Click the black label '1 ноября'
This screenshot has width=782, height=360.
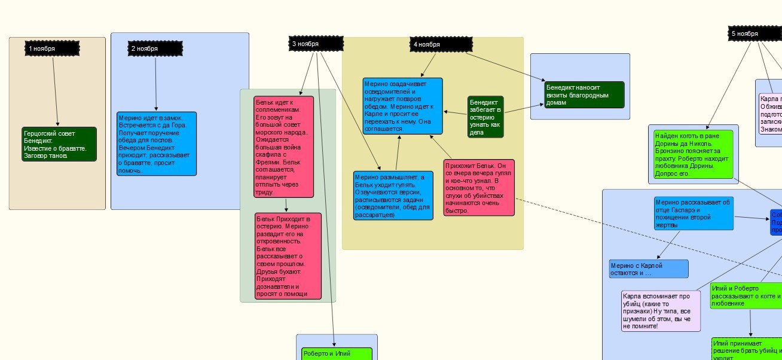(52, 48)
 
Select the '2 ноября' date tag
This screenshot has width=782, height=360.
(155, 48)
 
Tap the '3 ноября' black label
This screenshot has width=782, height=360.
(316, 44)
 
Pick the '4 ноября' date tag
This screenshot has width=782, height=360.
(441, 44)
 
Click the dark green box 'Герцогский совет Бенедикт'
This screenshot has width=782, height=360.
(59, 144)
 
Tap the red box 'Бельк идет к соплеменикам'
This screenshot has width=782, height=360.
(283, 147)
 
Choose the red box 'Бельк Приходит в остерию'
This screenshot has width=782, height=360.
(288, 255)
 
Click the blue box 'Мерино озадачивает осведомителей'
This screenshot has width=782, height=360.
(402, 106)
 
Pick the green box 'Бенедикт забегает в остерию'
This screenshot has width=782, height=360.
(485, 117)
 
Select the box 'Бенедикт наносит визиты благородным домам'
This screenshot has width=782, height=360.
(584, 94)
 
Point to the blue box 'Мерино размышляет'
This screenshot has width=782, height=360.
(393, 196)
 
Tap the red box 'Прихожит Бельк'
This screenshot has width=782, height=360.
(479, 187)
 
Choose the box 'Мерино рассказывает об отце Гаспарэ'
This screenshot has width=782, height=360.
(693, 213)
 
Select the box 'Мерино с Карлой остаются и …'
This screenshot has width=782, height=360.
(647, 269)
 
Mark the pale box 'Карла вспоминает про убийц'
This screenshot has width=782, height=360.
(661, 311)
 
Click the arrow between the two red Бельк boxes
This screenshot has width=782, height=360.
(286, 205)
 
